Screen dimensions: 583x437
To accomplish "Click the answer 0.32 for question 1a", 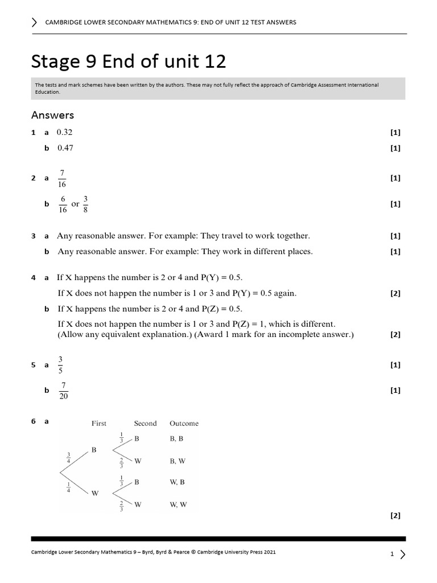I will (64, 132).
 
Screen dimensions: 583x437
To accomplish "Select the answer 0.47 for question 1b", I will (65, 148).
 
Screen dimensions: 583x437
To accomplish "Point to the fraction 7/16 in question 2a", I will (62, 178).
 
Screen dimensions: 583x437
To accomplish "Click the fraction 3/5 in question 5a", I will (61, 365).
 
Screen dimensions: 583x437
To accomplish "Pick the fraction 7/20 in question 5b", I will (63, 391).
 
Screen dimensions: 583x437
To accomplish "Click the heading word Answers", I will (52, 115).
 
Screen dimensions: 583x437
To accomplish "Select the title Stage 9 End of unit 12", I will (129, 61).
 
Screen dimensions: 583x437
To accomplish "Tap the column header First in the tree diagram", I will (99, 424).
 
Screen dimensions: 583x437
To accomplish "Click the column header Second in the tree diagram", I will (145, 424).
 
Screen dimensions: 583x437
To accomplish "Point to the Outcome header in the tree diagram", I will (184, 424).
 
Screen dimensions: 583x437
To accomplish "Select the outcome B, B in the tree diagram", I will (177, 440).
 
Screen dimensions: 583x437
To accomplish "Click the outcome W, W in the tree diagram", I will (178, 504).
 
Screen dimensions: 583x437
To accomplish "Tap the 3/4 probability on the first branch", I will (69, 458).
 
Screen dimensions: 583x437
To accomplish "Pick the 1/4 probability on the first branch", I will (69, 487).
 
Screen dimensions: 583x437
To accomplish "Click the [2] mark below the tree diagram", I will (395, 516).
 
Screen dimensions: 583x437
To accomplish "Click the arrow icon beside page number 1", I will (403, 553).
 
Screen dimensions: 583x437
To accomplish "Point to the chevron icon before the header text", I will (35, 22).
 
